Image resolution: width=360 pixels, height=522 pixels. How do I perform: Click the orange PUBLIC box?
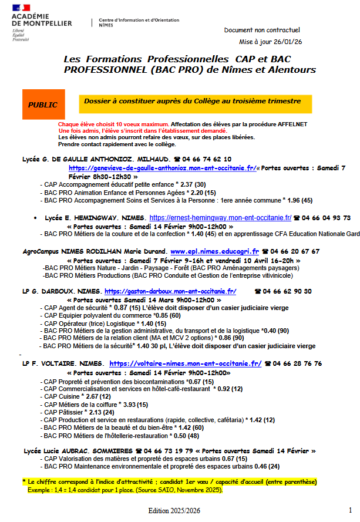(x=43, y=105)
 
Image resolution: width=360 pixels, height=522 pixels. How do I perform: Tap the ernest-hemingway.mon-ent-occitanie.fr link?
(x=220, y=217)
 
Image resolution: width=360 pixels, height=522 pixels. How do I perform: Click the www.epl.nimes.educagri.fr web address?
(x=214, y=251)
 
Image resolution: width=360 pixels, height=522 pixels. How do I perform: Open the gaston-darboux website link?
(x=170, y=291)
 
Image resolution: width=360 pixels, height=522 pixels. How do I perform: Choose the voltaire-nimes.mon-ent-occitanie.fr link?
(x=185, y=363)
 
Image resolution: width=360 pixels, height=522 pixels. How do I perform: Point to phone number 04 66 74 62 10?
(x=207, y=159)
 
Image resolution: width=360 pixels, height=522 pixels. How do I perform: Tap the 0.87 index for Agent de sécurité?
(x=120, y=307)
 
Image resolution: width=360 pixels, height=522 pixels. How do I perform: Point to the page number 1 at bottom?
(x=350, y=510)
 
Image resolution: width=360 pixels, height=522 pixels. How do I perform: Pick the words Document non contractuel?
(x=262, y=30)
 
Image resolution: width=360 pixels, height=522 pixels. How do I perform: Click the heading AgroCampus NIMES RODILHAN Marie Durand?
(x=94, y=251)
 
